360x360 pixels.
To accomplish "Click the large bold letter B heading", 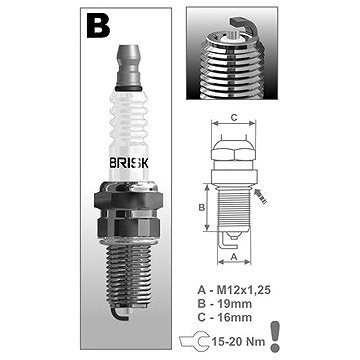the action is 98,26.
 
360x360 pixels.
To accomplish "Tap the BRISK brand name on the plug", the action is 129,163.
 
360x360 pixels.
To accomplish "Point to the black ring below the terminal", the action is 128,89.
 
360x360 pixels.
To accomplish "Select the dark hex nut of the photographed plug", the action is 128,200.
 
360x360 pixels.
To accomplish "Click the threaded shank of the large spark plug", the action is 128,272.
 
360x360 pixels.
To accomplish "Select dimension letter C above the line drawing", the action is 234,117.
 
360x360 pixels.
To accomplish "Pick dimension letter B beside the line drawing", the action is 201,207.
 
